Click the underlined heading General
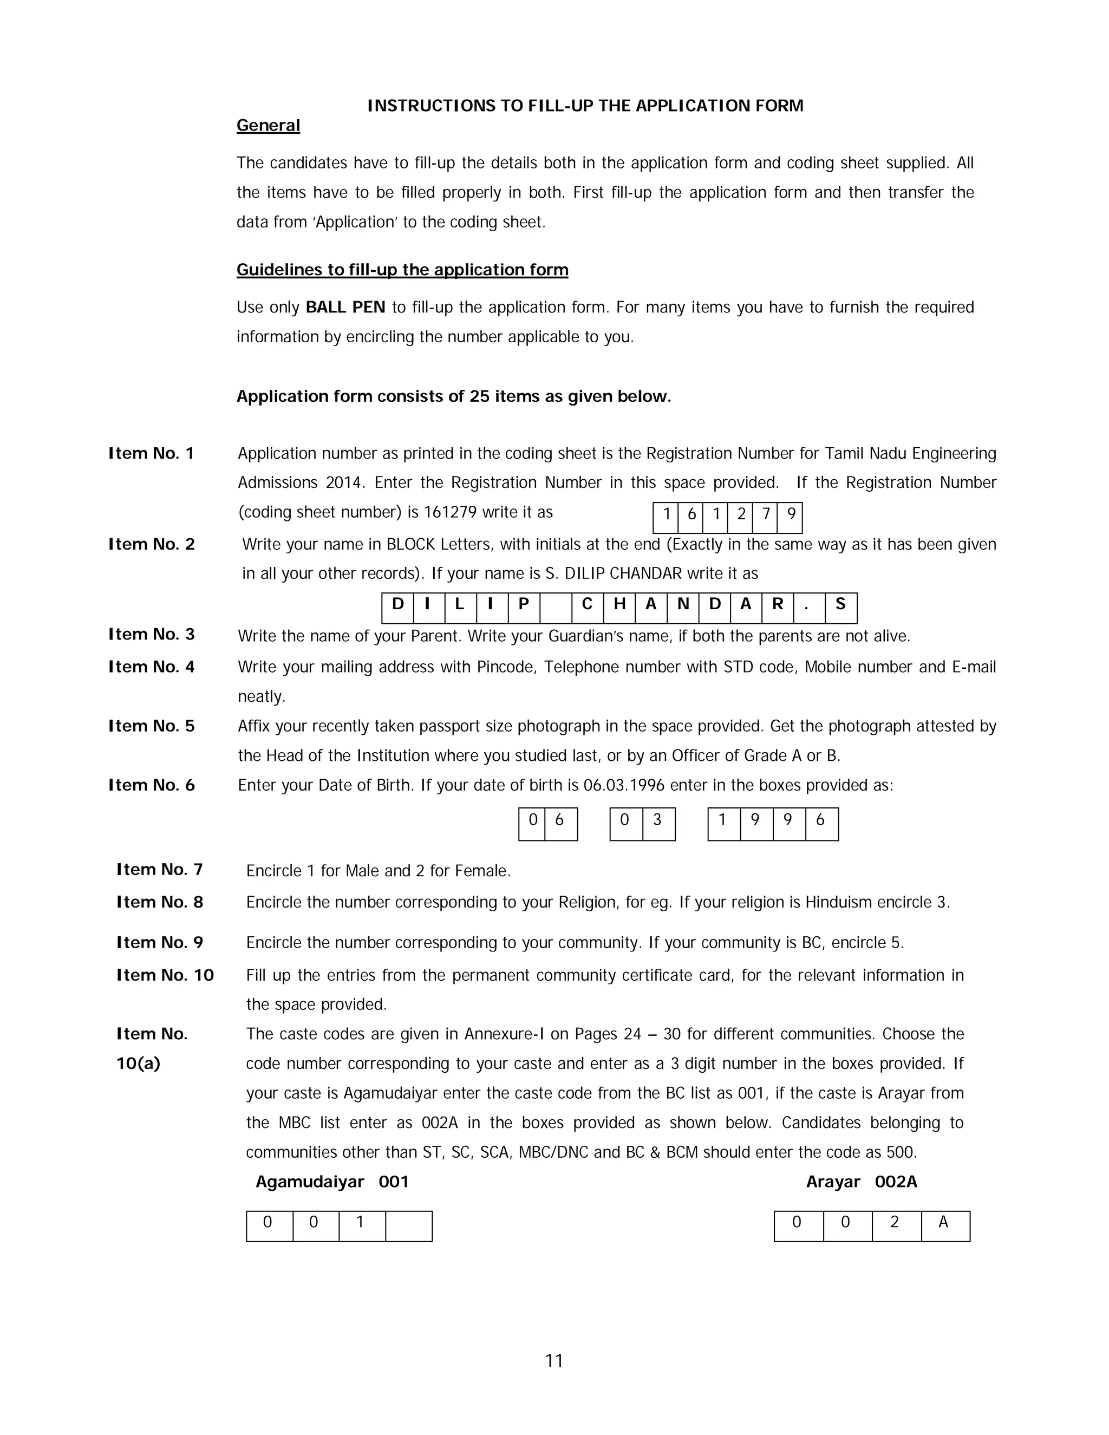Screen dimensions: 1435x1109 [x=268, y=126]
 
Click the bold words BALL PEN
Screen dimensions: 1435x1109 [x=345, y=308]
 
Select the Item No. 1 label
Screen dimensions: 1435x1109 [x=151, y=453]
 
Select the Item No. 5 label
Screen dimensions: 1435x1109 [x=151, y=726]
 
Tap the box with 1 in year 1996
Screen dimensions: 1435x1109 [x=723, y=823]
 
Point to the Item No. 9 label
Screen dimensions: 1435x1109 [x=160, y=942]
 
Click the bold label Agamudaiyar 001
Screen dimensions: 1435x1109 [x=332, y=1182]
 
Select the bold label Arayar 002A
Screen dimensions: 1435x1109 [x=862, y=1182]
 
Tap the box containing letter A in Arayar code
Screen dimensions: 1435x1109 [x=945, y=1225]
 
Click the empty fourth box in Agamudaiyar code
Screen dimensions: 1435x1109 [x=409, y=1225]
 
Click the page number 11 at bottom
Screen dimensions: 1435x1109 [x=554, y=1361]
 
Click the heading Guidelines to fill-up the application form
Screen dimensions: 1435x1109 [x=402, y=270]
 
